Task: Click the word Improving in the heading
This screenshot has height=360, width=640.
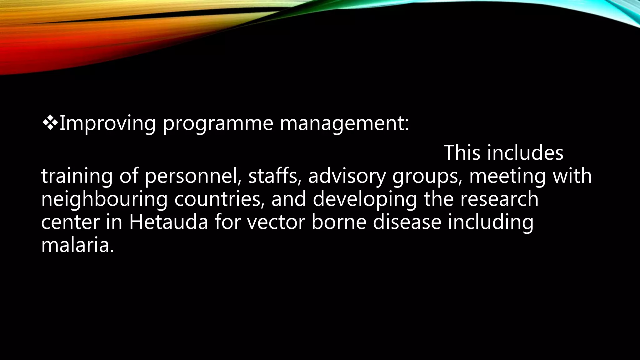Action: pyautogui.click(x=107, y=123)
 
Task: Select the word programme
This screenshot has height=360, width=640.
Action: pyautogui.click(x=218, y=124)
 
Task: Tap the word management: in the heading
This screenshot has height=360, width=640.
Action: pyautogui.click(x=344, y=124)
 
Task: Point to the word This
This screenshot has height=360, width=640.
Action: pyautogui.click(x=462, y=153)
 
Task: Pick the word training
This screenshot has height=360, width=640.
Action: pyautogui.click(x=77, y=176)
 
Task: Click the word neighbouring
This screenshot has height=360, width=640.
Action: pyautogui.click(x=104, y=200)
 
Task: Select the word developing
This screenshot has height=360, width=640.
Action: pyautogui.click(x=365, y=200)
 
